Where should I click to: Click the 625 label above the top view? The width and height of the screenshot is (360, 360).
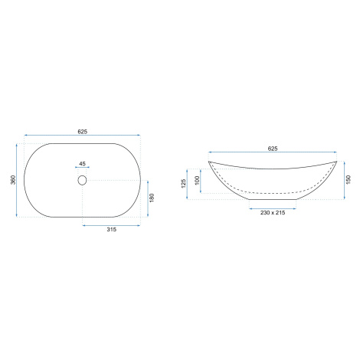pos(83,132)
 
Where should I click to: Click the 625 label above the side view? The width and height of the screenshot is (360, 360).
pos(273,149)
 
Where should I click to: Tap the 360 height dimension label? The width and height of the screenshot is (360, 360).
pos(13,180)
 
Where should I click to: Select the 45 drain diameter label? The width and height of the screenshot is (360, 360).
pos(82,164)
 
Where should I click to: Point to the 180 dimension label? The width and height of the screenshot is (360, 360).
pos(152,198)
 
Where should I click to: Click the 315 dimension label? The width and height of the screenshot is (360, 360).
pos(112,230)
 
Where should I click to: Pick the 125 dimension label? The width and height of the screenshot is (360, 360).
pos(184,184)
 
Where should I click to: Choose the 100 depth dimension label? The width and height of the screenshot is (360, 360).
pos(197,181)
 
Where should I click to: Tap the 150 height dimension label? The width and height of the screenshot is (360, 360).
pos(349,180)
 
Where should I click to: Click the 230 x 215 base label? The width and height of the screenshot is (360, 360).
pos(273,213)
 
